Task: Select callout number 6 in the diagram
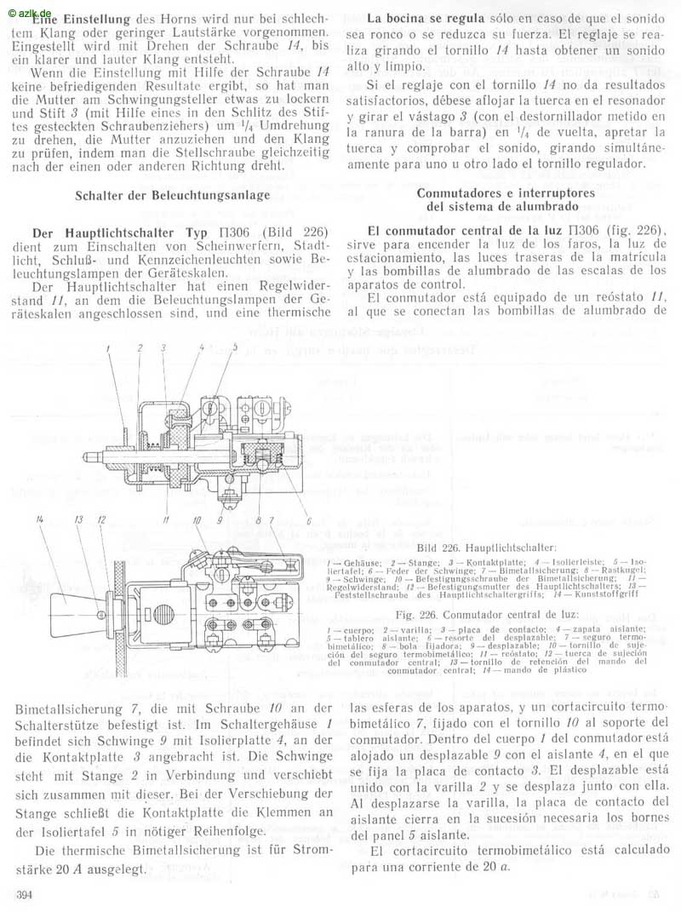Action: [308, 519]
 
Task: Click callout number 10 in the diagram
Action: [196, 519]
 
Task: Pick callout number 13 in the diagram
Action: [78, 519]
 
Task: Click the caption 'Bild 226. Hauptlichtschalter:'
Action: [487, 548]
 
